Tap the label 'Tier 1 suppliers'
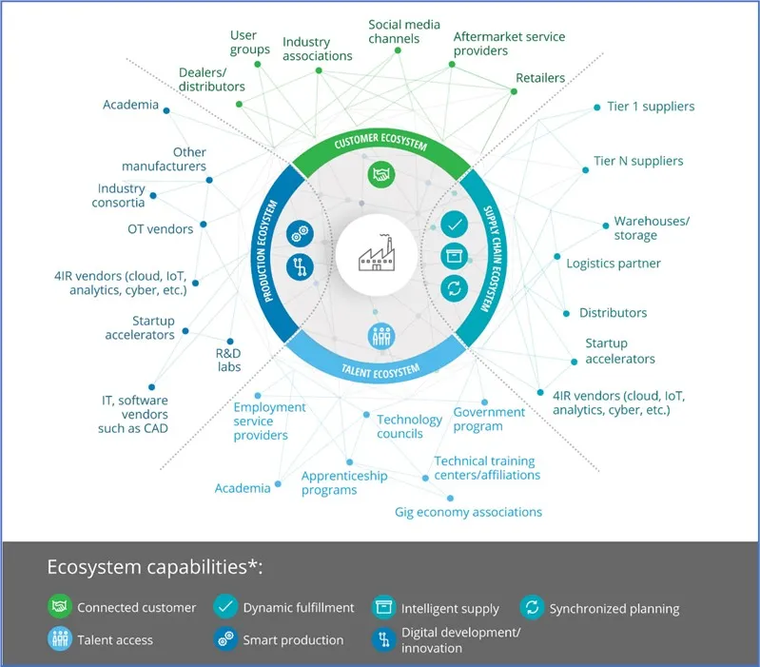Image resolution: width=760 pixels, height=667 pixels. click(651, 107)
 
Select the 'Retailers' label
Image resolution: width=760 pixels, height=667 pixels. click(539, 78)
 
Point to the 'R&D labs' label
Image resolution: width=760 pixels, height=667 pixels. click(228, 360)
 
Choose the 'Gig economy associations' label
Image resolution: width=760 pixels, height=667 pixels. click(468, 512)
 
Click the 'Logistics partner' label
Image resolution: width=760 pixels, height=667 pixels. click(614, 264)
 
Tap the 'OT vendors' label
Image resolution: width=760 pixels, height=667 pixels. click(160, 228)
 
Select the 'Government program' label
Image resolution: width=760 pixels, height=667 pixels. click(489, 419)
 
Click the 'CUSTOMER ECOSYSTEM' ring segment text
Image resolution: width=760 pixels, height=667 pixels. click(380, 146)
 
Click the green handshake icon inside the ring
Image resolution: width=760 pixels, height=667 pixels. click(380, 174)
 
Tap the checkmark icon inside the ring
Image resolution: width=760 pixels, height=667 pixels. click(454, 226)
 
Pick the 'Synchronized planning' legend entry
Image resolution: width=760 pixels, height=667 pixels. click(601, 608)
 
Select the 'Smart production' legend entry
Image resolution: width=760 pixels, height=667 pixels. click(280, 639)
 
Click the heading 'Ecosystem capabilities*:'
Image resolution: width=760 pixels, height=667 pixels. click(155, 568)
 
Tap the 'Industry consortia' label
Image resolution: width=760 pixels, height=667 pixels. click(121, 196)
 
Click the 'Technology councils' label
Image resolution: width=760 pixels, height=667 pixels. click(409, 426)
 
